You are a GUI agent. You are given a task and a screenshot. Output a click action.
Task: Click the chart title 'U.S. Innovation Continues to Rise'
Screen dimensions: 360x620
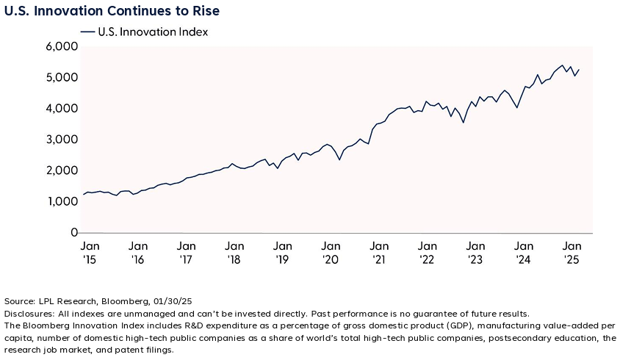[112, 12]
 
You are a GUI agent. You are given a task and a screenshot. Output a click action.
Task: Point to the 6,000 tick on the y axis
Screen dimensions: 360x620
[62, 46]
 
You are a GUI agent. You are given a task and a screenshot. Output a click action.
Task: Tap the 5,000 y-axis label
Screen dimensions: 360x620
[62, 78]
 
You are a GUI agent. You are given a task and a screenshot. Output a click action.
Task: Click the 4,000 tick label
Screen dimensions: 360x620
[62, 109]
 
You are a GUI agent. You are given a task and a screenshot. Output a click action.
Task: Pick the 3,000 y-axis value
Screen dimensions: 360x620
[62, 140]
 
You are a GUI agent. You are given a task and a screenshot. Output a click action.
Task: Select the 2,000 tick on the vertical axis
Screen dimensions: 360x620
[62, 170]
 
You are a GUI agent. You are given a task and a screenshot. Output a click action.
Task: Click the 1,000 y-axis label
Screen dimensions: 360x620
[62, 202]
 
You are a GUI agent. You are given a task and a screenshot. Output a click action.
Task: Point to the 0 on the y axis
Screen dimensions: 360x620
[73, 233]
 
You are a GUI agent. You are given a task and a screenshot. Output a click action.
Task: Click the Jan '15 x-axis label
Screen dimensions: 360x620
[90, 252]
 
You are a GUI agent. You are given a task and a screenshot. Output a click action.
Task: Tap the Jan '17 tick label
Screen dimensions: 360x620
[187, 252]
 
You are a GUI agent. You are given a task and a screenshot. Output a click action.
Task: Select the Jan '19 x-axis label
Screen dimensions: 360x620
[283, 252]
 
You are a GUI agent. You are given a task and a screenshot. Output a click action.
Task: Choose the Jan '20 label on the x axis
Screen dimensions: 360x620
[331, 252]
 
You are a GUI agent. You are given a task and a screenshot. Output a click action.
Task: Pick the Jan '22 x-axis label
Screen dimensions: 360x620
[428, 252]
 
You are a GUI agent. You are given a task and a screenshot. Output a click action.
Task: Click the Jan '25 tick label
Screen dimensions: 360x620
[572, 252]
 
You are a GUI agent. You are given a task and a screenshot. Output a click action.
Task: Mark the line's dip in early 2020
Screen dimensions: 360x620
[339, 159]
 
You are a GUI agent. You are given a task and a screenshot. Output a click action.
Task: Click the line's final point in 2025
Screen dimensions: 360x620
[580, 70]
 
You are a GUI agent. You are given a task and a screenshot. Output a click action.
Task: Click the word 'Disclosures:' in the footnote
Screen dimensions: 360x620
[28, 313]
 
